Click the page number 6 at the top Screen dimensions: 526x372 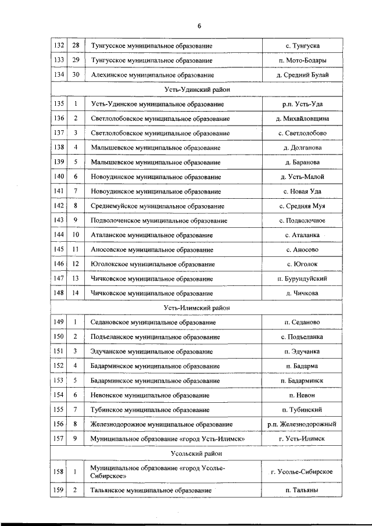[199, 26]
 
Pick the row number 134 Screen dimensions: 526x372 [59, 75]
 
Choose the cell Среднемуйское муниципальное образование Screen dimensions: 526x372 [158, 206]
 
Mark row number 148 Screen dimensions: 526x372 [59, 294]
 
